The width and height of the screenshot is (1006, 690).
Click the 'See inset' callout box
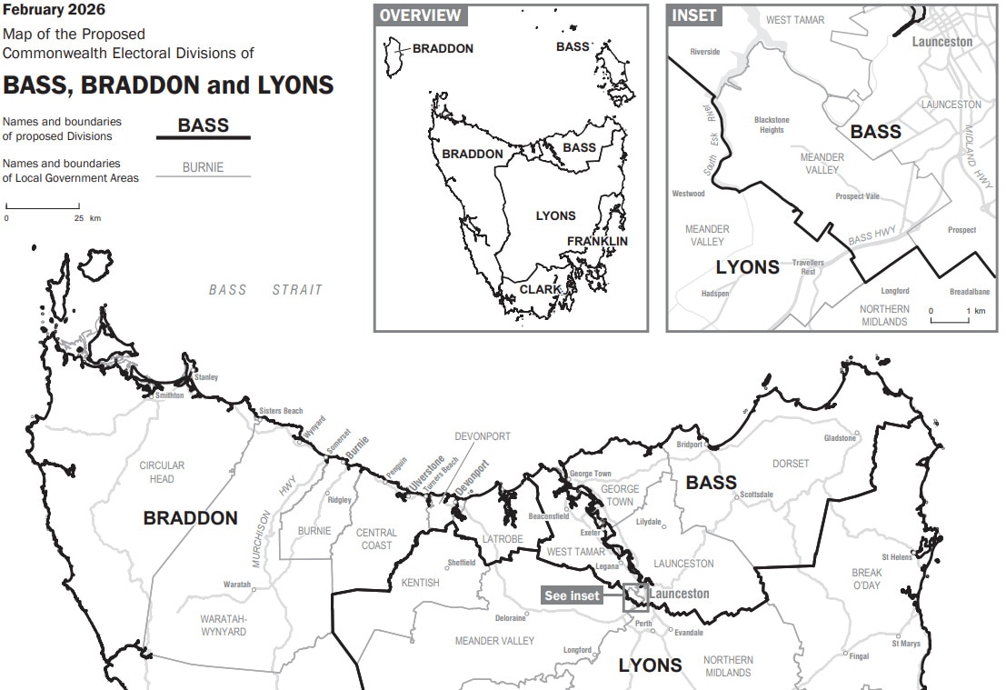point(572,595)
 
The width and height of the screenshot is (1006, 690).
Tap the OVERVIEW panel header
point(420,15)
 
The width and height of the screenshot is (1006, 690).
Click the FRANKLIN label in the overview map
point(597,241)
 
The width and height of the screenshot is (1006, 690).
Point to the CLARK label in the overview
point(540,290)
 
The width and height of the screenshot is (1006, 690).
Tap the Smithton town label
point(169,395)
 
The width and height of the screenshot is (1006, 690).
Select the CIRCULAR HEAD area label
point(162,472)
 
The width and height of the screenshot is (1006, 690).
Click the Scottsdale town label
point(756,495)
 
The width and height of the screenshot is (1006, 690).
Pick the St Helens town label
point(896,557)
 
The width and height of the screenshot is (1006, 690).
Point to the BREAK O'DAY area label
point(866,579)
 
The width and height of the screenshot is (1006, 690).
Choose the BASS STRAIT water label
point(265,290)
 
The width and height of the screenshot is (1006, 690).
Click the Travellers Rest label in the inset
point(808,267)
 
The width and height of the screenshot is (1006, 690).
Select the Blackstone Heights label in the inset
point(772,125)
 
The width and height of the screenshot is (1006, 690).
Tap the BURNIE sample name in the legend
point(203,168)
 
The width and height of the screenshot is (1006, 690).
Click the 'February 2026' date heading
point(54,11)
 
